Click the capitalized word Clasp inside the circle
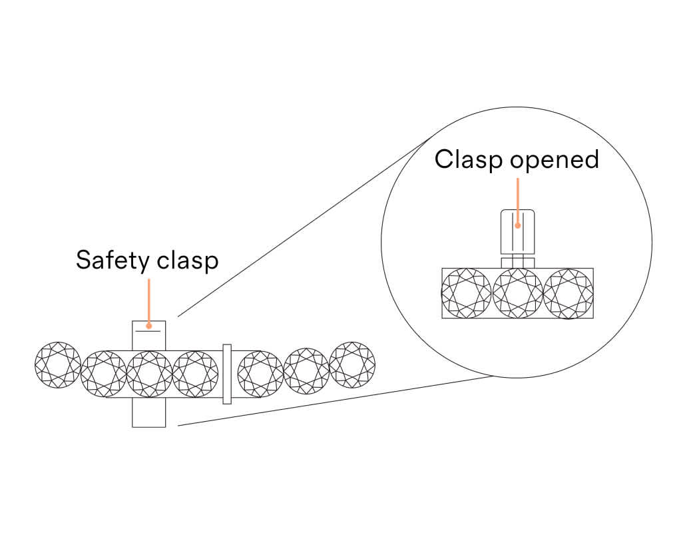point(465,160)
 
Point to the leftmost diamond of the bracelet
point(58,364)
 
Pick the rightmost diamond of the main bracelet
point(352,364)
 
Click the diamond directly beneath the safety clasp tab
point(149,374)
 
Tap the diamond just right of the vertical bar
point(260,374)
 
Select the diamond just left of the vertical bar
point(195,374)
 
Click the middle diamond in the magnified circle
point(517,293)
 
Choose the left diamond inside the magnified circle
point(467,293)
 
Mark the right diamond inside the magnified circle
point(568,293)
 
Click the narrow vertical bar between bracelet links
point(227,374)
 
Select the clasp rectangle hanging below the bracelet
point(148,413)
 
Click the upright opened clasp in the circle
point(518,232)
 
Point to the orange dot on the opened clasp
point(517,225)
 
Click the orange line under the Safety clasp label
point(148,300)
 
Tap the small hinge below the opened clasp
point(518,261)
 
